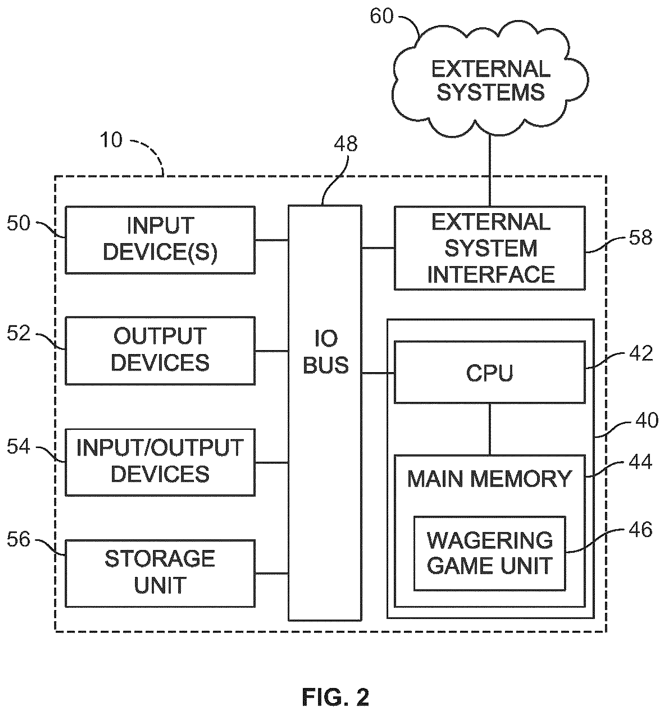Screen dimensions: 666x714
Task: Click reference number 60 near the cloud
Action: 382,16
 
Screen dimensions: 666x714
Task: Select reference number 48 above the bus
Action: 346,143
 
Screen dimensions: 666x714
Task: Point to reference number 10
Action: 111,140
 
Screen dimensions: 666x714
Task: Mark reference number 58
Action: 641,237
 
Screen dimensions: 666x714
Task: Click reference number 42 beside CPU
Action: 641,353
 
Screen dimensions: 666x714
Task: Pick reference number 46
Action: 641,530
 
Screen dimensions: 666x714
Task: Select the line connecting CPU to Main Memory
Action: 490,429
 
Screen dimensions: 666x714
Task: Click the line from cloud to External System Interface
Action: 490,170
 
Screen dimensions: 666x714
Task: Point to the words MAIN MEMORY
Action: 490,478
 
